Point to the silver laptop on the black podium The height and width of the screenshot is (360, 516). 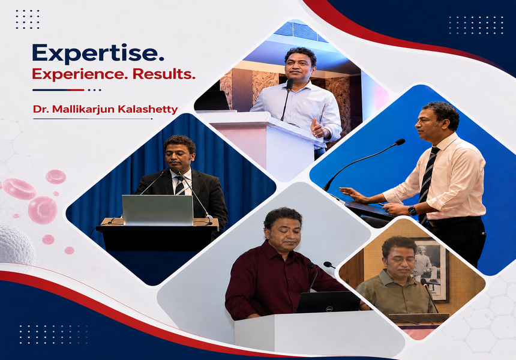(158, 210)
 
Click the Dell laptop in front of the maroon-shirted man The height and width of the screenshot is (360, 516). (328, 302)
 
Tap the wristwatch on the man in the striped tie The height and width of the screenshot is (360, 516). (412, 210)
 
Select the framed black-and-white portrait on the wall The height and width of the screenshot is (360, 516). (430, 269)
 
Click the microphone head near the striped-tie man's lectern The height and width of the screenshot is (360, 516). (400, 142)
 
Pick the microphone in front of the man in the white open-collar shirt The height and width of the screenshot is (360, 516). (290, 84)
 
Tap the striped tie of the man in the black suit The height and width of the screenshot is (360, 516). (179, 185)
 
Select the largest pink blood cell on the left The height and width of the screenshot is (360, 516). (43, 210)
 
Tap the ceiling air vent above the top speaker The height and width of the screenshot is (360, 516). (300, 32)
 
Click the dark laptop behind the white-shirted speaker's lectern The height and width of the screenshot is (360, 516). (212, 100)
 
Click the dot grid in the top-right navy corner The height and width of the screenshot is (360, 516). (476, 25)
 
